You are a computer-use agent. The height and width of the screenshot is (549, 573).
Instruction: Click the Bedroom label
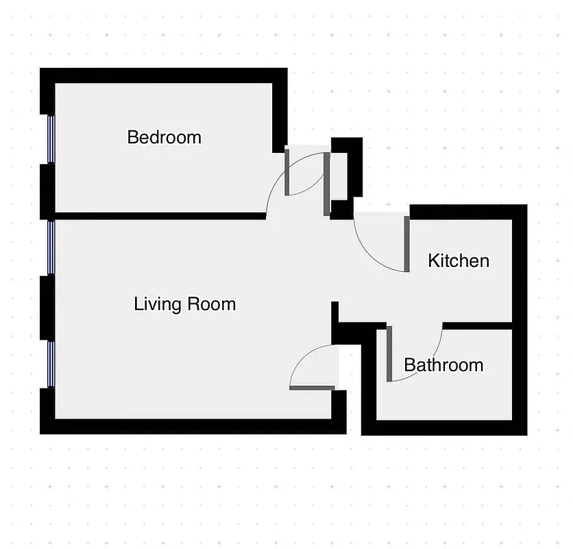point(164,137)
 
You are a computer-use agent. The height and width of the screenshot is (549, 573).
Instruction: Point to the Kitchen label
point(459,261)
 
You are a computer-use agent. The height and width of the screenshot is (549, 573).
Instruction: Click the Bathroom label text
point(443,364)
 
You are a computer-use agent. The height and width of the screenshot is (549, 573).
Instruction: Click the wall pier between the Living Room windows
point(47,307)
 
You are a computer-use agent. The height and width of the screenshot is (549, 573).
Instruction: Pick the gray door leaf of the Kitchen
point(406,244)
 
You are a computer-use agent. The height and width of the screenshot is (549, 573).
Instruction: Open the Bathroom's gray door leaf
point(389,353)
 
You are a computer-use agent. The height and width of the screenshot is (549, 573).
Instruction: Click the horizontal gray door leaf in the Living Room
point(312,388)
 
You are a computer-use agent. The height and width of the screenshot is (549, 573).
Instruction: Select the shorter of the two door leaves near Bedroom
point(287,172)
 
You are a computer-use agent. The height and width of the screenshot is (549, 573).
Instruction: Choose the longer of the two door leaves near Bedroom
point(327,184)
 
